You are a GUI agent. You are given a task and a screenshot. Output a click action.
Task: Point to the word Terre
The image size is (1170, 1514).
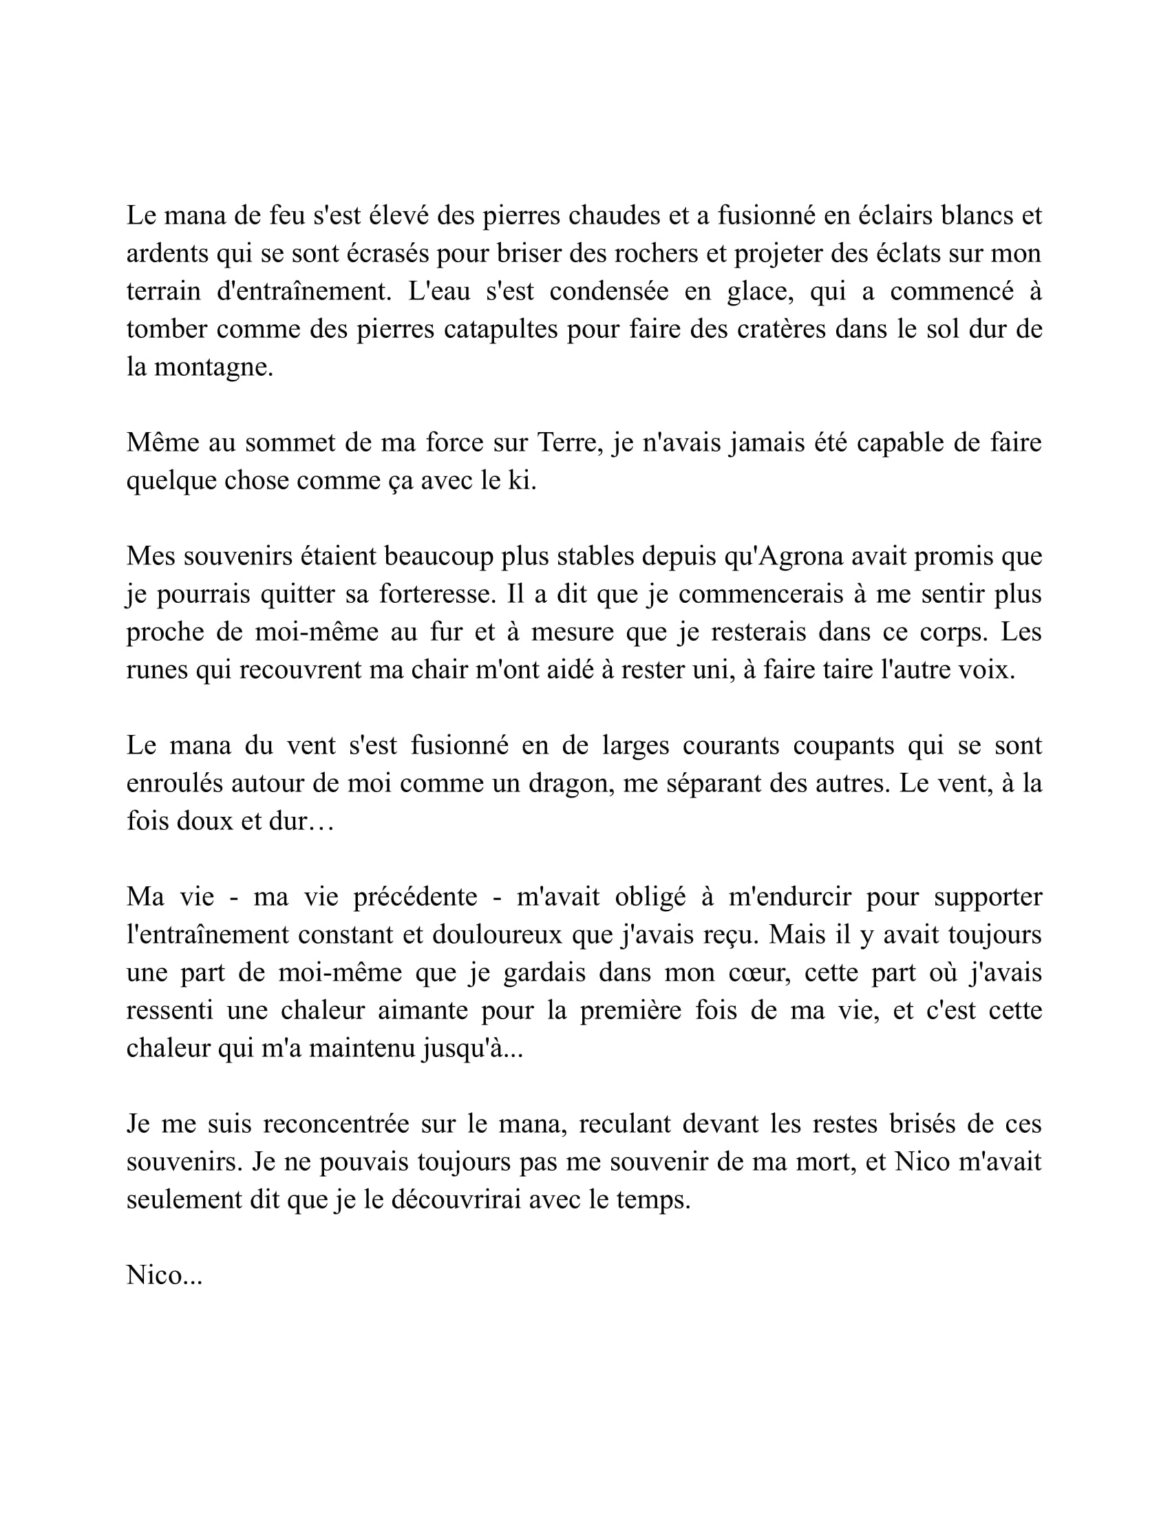pos(566,443)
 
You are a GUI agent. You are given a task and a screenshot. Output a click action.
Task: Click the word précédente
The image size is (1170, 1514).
pos(415,897)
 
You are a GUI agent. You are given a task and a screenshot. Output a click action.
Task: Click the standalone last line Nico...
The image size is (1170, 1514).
pos(164,1275)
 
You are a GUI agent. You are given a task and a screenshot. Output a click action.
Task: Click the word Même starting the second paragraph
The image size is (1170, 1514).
pos(162,443)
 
